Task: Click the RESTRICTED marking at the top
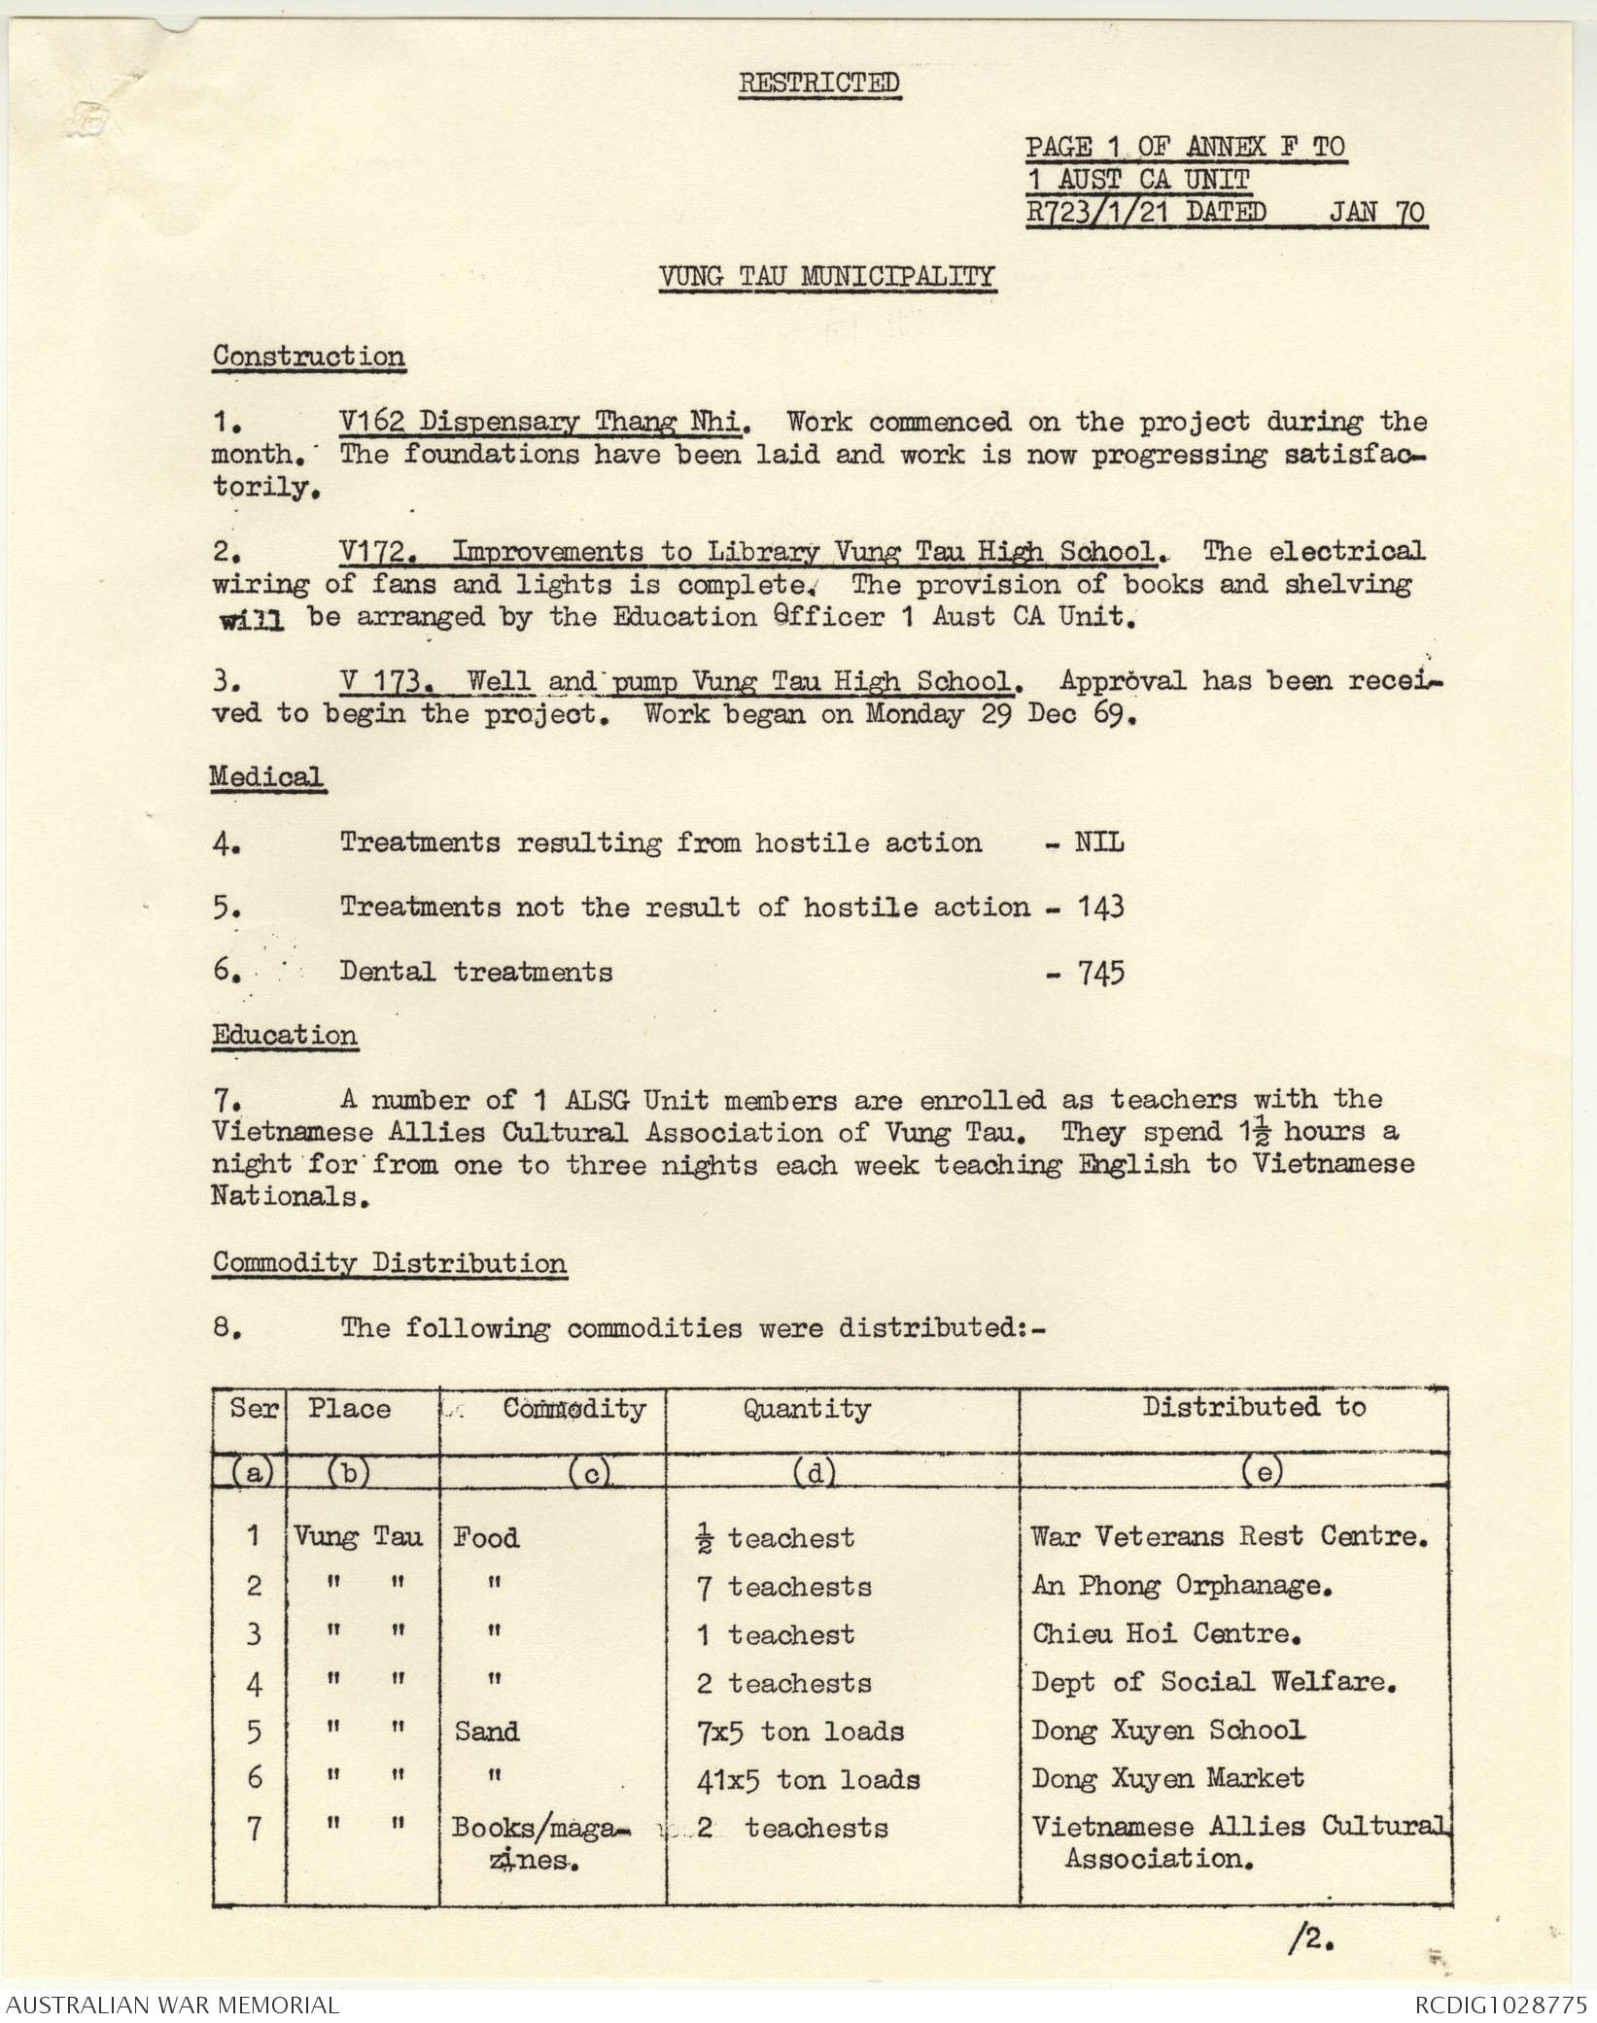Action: [x=819, y=84]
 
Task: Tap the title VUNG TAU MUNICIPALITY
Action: [x=827, y=277]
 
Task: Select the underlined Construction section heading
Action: [x=309, y=356]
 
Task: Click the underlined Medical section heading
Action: [x=267, y=777]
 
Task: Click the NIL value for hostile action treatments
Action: [x=1098, y=842]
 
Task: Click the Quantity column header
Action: [x=807, y=1409]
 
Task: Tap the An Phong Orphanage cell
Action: [x=1180, y=1586]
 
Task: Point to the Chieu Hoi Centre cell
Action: [x=1165, y=1633]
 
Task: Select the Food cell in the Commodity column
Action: [x=486, y=1537]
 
